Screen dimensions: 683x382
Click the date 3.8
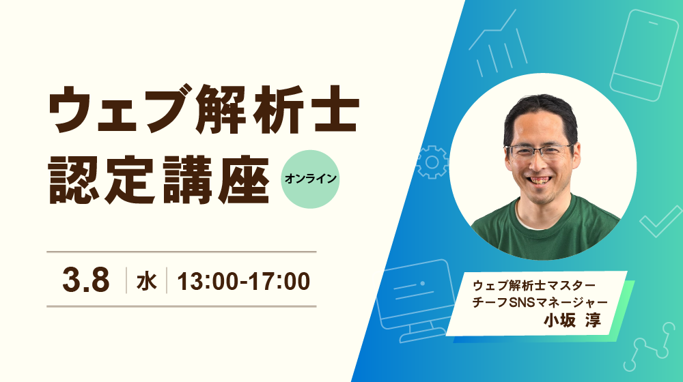(86, 280)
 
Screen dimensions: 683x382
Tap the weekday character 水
(146, 281)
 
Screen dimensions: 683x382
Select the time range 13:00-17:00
(244, 281)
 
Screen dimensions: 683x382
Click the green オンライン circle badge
(310, 179)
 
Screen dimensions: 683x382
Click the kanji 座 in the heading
(244, 179)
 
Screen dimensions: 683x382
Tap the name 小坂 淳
(572, 320)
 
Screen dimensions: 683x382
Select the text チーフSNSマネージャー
(540, 302)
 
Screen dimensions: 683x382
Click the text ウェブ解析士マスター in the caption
(534, 286)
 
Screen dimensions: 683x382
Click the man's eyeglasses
(539, 151)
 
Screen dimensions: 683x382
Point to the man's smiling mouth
(540, 179)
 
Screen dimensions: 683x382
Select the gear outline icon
(432, 162)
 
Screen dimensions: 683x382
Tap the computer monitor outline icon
(416, 300)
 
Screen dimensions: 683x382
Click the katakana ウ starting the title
(70, 108)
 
